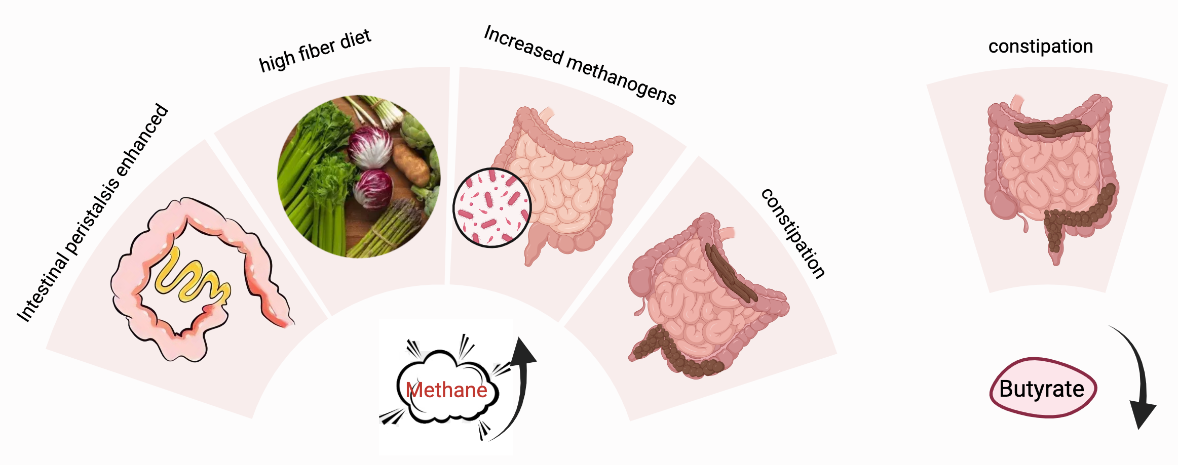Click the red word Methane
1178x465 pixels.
pyautogui.click(x=446, y=390)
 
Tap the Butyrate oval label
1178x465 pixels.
pyautogui.click(x=1042, y=389)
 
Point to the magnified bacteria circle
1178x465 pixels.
pyautogui.click(x=491, y=208)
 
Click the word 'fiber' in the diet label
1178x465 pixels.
pyautogui.click(x=317, y=50)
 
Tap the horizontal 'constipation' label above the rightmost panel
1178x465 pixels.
pyautogui.click(x=1040, y=47)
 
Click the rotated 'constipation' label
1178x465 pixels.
pyautogui.click(x=793, y=233)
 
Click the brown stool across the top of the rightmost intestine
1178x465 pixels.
pyautogui.click(x=1051, y=128)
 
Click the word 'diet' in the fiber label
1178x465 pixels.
pyautogui.click(x=356, y=38)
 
